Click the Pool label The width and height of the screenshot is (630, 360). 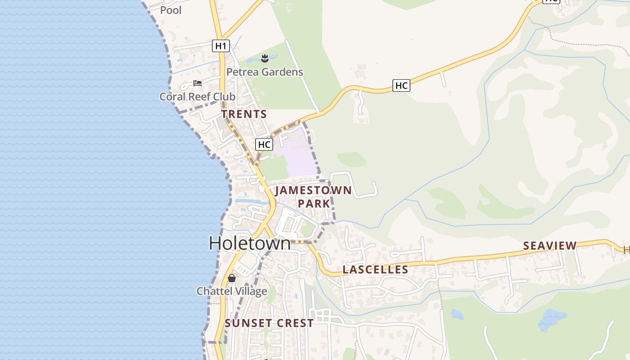pyautogui.click(x=171, y=10)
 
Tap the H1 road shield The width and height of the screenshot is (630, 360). pyautogui.click(x=220, y=45)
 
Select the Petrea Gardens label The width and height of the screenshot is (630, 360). pyautogui.click(x=265, y=72)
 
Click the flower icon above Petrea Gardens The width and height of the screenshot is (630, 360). pyautogui.click(x=265, y=58)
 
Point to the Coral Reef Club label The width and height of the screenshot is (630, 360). pyautogui.click(x=197, y=97)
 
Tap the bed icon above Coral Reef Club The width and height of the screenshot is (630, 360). pyautogui.click(x=197, y=83)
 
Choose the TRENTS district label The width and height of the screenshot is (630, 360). pyautogui.click(x=244, y=114)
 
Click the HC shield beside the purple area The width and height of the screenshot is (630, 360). pyautogui.click(x=264, y=144)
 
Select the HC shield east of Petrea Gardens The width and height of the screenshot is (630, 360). pyautogui.click(x=401, y=85)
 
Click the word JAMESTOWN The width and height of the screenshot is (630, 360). pyautogui.click(x=313, y=190)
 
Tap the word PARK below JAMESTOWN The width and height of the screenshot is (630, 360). pyautogui.click(x=314, y=204)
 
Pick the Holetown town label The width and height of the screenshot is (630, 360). pyautogui.click(x=250, y=243)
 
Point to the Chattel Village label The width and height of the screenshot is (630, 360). pyautogui.click(x=232, y=291)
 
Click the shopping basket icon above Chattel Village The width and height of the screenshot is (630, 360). pyautogui.click(x=232, y=278)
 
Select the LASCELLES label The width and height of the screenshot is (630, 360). pyautogui.click(x=375, y=270)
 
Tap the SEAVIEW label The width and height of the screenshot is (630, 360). pyautogui.click(x=549, y=246)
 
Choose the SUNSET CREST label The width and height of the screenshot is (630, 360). pyautogui.click(x=269, y=323)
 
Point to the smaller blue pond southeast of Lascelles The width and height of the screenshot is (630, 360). pyautogui.click(x=457, y=314)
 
